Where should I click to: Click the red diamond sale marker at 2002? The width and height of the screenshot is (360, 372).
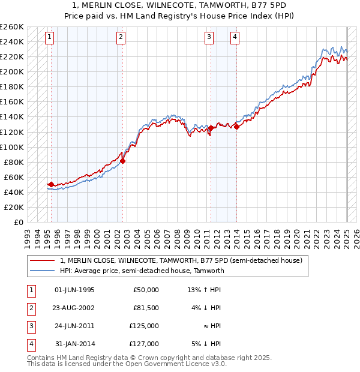coord(122,161)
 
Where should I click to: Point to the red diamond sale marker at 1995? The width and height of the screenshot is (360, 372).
coord(51,184)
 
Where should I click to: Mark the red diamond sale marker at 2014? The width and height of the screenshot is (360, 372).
coord(236,127)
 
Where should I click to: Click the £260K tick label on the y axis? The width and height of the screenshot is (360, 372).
coord(12,27)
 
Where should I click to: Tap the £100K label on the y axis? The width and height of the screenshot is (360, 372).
coord(12,147)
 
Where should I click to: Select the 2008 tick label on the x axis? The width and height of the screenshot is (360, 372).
coord(176,234)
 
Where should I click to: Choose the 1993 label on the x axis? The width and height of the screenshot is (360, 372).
coord(27,234)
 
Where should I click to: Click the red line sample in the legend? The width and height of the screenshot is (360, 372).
coord(42,260)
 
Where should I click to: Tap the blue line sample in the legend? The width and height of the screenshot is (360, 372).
coord(42,271)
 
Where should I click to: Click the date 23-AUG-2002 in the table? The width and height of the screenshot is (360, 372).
coord(74,308)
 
